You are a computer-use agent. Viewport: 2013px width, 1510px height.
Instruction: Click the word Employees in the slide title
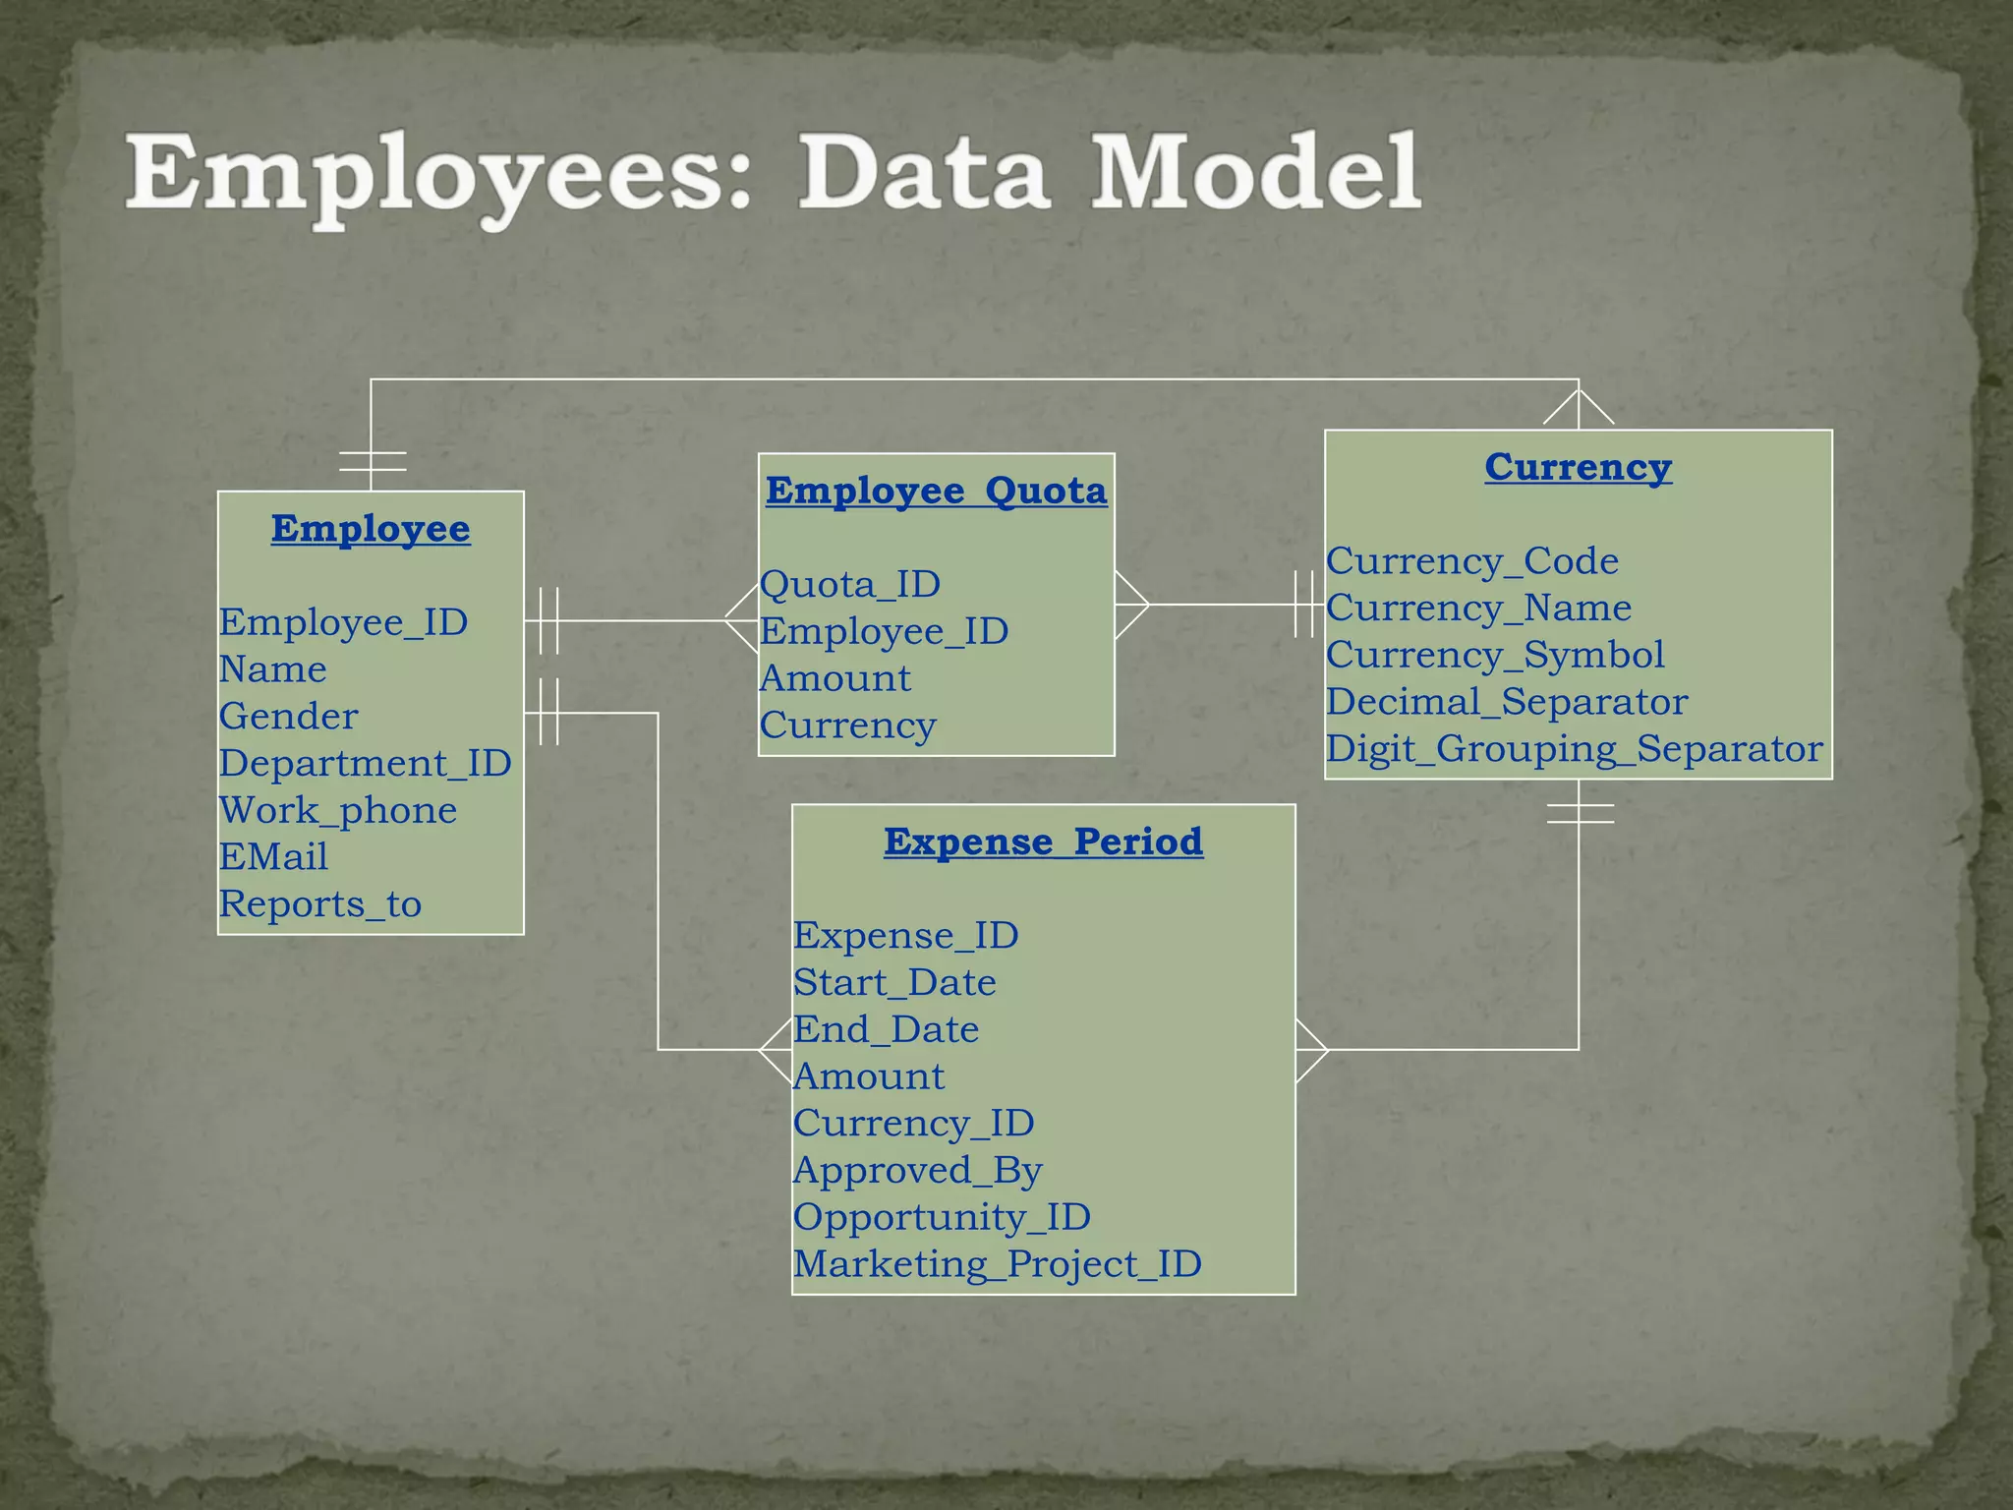[x=438, y=175]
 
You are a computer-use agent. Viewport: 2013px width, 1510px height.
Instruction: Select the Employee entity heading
[x=371, y=529]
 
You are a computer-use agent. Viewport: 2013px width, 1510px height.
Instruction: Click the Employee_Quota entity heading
[x=936, y=491]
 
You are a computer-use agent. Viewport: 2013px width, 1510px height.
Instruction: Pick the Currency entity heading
[x=1578, y=467]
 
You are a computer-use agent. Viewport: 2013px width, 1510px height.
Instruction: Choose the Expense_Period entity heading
[x=1043, y=842]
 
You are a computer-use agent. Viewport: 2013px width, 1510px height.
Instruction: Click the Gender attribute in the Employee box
[x=288, y=717]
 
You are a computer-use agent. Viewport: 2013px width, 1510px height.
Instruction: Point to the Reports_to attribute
[x=320, y=904]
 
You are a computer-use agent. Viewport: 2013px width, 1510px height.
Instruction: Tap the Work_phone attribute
[x=338, y=811]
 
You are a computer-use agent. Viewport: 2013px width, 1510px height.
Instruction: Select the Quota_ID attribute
[x=850, y=585]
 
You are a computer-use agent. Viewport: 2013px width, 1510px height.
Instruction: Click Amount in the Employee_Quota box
[x=835, y=678]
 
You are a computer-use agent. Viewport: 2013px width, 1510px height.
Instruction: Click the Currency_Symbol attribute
[x=1495, y=656]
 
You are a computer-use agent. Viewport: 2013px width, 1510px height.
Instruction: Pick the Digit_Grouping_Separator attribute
[x=1574, y=749]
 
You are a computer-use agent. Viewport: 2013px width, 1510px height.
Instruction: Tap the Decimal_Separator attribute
[x=1507, y=702]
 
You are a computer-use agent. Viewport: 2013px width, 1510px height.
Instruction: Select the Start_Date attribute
[x=894, y=983]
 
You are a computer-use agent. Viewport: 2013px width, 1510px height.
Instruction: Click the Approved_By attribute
[x=917, y=1171]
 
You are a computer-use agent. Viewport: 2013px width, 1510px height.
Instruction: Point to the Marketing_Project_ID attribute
[x=997, y=1264]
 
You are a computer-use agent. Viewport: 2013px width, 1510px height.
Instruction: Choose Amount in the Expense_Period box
[x=869, y=1076]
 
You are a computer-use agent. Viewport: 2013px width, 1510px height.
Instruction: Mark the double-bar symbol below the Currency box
[x=1580, y=813]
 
